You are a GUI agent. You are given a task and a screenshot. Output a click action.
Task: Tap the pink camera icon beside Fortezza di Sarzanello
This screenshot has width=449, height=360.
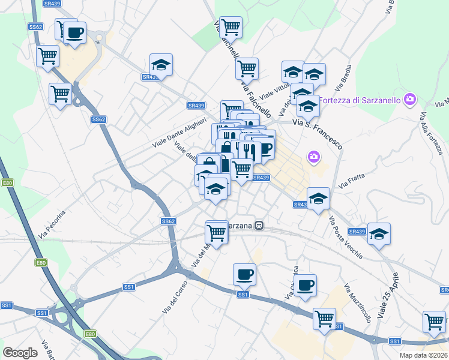tap(410, 99)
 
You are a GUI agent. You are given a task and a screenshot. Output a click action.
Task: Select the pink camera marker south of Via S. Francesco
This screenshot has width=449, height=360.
tap(313, 157)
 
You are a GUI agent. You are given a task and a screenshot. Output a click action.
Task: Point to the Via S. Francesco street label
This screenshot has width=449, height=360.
tap(317, 133)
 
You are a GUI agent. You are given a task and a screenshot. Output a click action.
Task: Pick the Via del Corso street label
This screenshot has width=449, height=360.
tap(175, 298)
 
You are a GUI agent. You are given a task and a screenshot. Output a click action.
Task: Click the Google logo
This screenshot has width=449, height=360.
tap(20, 353)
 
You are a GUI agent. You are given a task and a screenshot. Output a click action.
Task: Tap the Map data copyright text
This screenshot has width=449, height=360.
tap(424, 355)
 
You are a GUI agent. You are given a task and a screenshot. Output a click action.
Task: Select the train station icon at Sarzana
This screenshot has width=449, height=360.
tap(259, 226)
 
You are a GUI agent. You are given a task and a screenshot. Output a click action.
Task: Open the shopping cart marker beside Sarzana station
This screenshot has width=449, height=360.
tap(216, 232)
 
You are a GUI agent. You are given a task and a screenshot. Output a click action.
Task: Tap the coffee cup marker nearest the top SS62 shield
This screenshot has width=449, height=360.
tap(75, 33)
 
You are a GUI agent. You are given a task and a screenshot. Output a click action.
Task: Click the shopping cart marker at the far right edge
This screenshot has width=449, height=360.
tap(434, 321)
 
